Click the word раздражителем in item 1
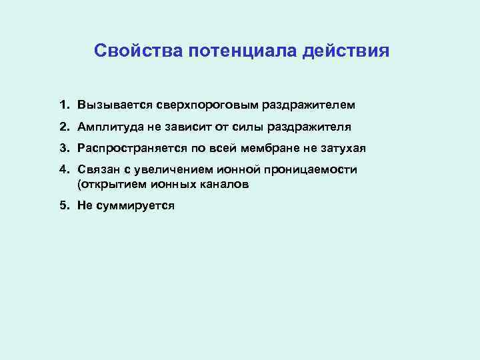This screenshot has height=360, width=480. pyautogui.click(x=309, y=105)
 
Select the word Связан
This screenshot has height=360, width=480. pyautogui.click(x=96, y=170)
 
